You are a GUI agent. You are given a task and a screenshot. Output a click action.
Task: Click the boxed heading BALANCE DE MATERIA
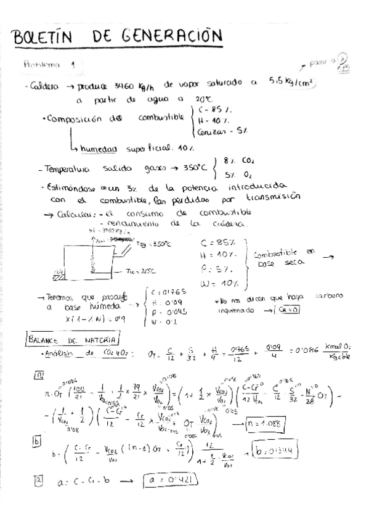(x=72, y=338)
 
